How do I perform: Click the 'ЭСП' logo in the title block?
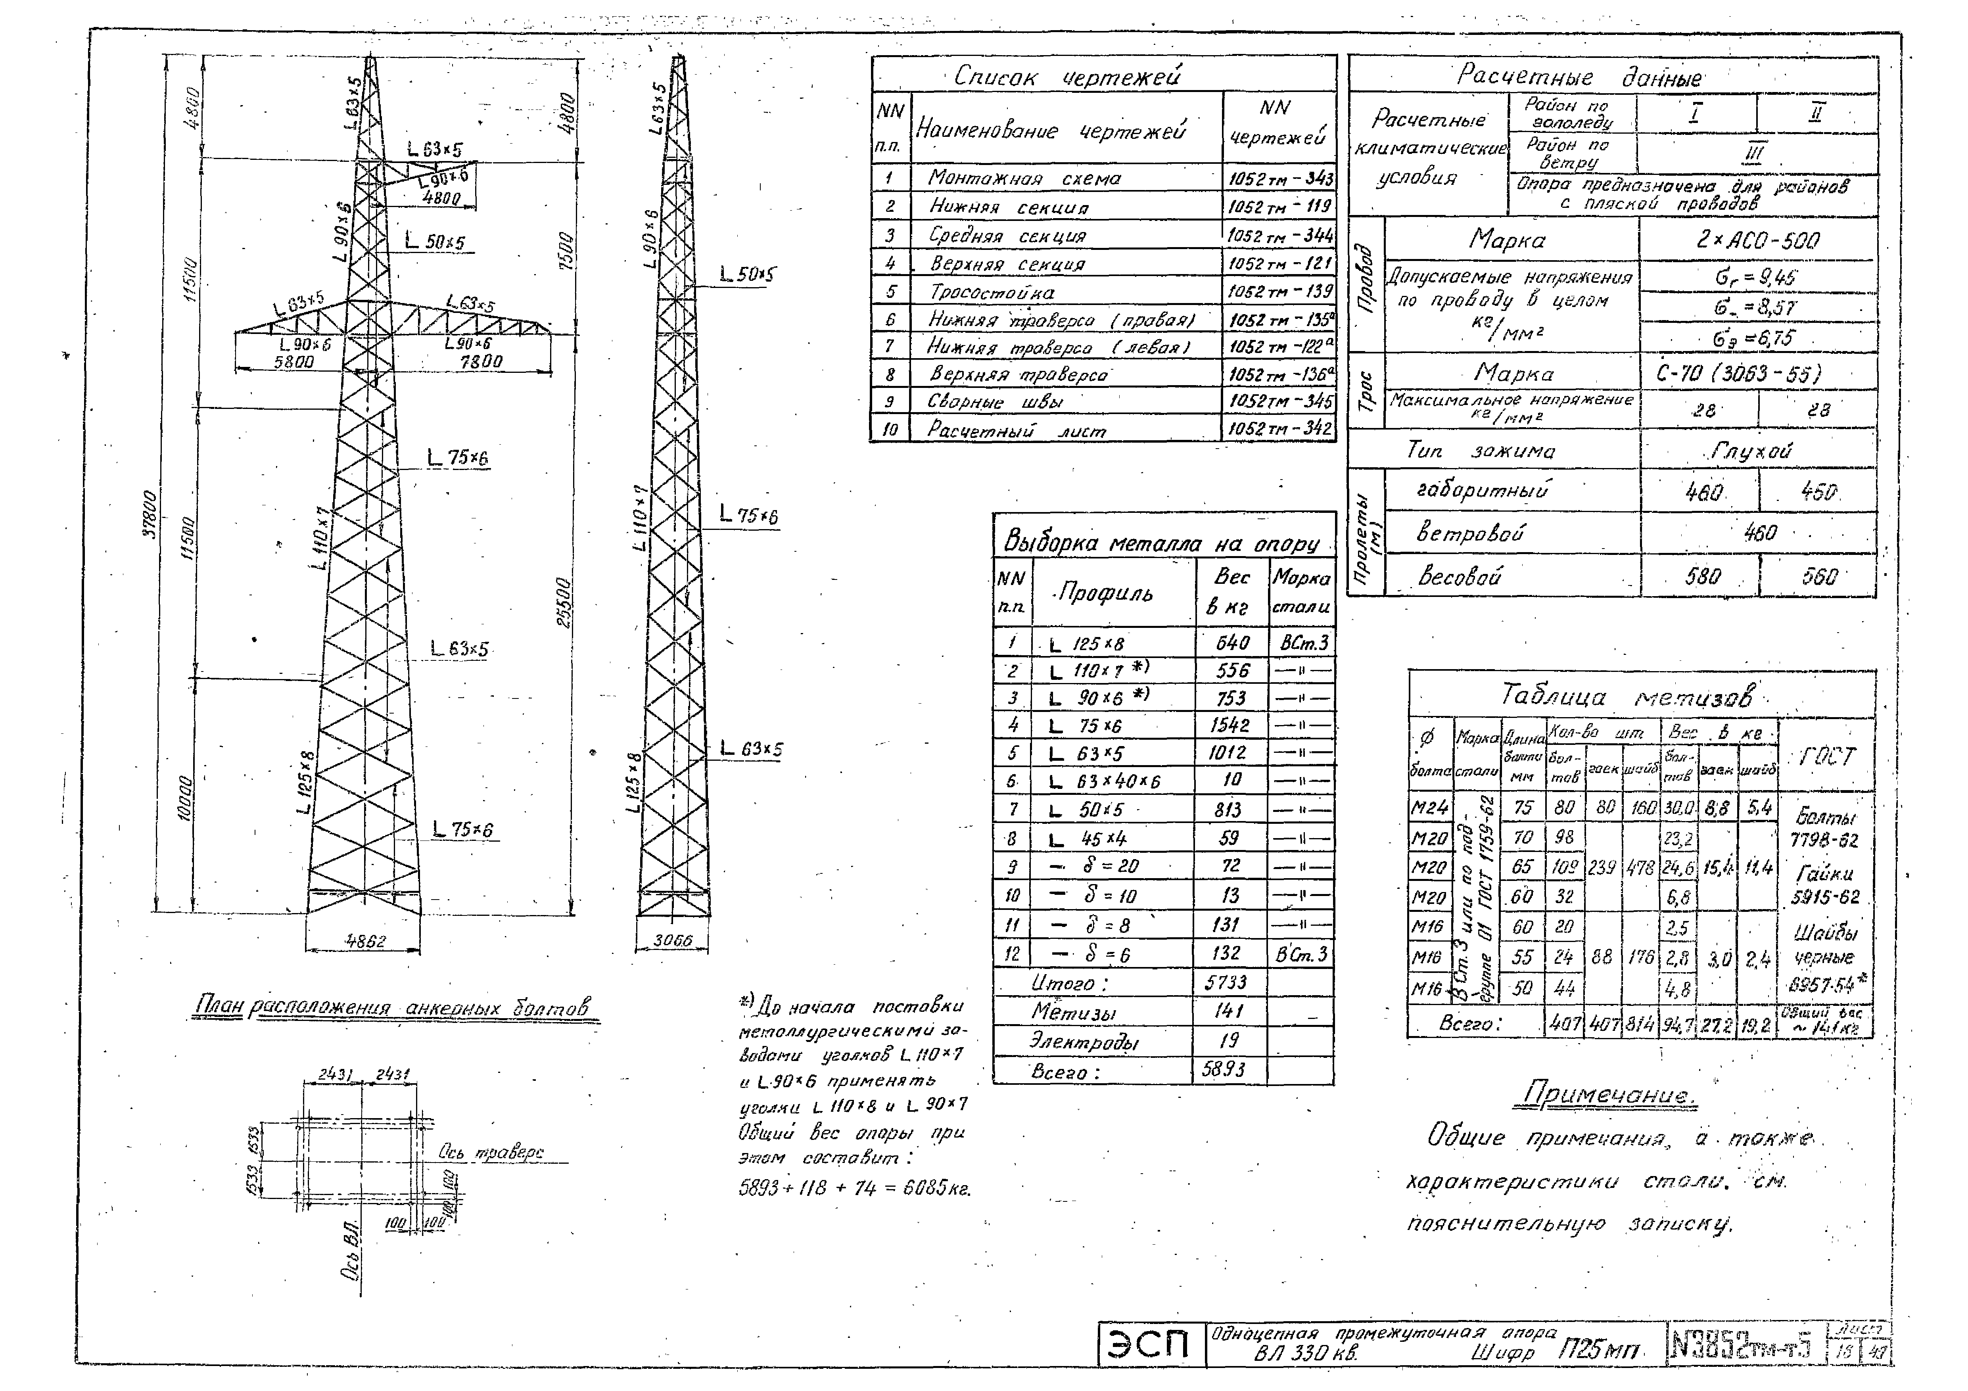pyautogui.click(x=1150, y=1344)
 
